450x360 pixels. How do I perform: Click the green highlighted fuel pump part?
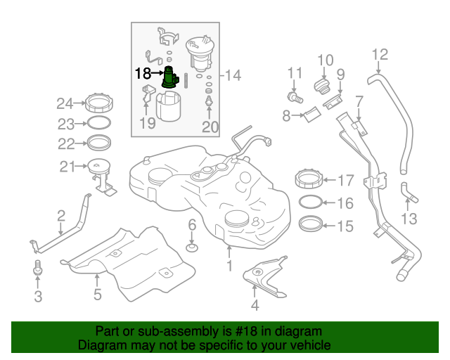coord(170,77)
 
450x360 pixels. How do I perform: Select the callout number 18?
coord(142,73)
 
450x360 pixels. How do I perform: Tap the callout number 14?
coord(233,75)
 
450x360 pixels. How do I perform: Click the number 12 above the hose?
coord(379,54)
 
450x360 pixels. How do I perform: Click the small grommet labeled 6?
coord(191,247)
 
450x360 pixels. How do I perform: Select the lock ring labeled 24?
coord(98,105)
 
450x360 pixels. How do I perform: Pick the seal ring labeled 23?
coord(100,124)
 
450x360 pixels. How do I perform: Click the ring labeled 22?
coord(100,143)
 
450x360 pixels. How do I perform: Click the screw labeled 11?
coord(295,96)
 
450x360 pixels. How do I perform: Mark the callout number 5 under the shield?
coord(98,295)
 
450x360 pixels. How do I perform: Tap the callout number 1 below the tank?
coord(229,266)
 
